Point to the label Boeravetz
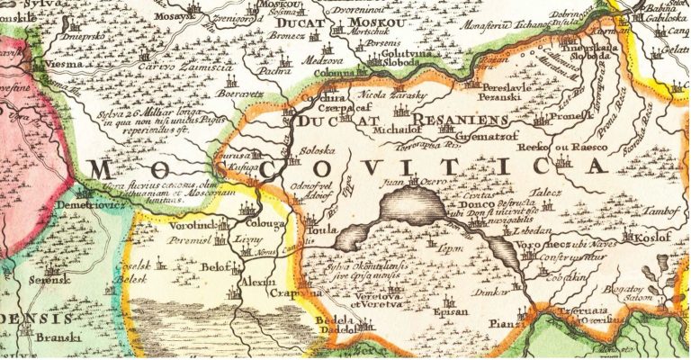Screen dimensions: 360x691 [x=240, y=93]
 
